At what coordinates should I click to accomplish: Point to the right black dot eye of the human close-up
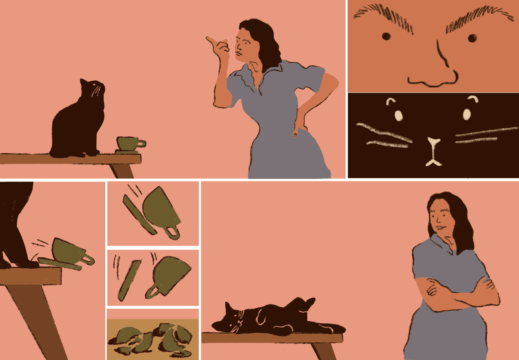click(x=472, y=38)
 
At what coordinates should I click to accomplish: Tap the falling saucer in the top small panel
click(x=139, y=215)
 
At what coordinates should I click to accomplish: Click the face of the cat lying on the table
click(x=233, y=320)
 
